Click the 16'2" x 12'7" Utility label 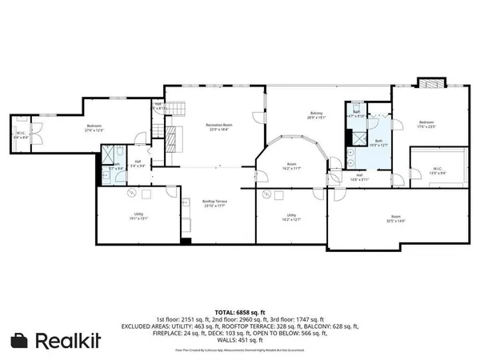tap(291, 218)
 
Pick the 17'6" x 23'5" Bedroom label tap(426, 124)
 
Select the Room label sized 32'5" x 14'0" tap(395, 218)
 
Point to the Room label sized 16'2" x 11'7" tap(291, 166)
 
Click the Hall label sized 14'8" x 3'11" tap(360, 177)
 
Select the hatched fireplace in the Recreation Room tap(172, 140)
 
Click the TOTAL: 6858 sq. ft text tap(239, 310)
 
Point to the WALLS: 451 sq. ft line tap(240, 341)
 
